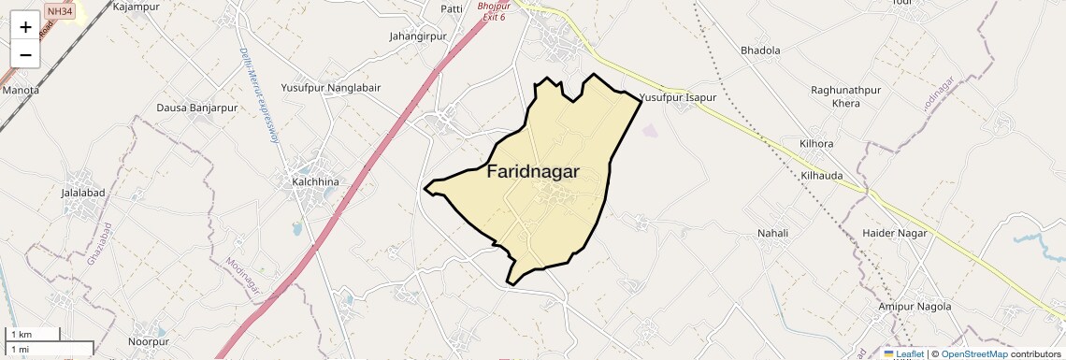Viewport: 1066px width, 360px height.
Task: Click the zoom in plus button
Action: tap(25, 27)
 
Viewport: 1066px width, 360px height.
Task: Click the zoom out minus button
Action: tap(25, 55)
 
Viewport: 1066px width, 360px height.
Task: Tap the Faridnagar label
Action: tap(533, 172)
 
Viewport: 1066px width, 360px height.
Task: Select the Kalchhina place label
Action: tap(314, 180)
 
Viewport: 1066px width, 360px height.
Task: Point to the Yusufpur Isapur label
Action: tap(678, 97)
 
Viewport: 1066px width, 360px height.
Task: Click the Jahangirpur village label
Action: tap(418, 37)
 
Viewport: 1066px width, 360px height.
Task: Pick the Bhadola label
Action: tap(760, 50)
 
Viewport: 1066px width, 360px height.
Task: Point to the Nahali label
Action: tap(773, 233)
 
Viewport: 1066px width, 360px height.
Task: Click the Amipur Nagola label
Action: tap(915, 307)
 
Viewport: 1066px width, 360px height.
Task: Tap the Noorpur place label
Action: tap(150, 328)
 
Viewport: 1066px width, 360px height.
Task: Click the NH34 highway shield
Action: tap(59, 10)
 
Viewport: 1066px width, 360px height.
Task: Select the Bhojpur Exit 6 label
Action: tap(493, 11)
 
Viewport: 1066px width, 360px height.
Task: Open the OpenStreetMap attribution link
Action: tap(974, 353)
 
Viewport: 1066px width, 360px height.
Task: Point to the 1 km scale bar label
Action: tap(22, 335)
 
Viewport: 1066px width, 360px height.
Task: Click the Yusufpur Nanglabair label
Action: tap(331, 89)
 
